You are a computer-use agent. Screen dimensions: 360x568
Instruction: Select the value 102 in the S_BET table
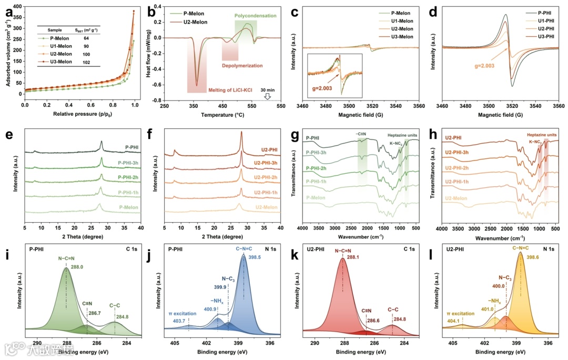pyautogui.click(x=86, y=63)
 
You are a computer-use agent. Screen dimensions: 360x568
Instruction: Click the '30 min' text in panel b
pyautogui.click(x=267, y=89)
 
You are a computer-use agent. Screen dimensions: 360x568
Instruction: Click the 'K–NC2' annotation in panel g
pyautogui.click(x=398, y=143)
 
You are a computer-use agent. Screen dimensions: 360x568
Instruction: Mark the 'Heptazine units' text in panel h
pyautogui.click(x=544, y=135)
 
